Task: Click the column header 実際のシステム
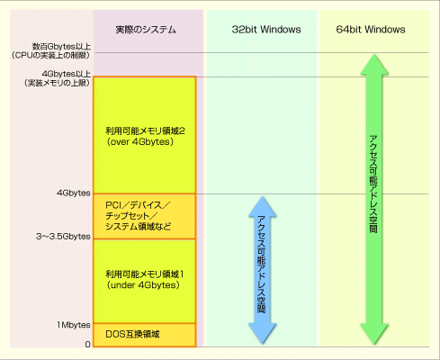click(x=146, y=30)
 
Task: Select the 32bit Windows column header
click(x=266, y=30)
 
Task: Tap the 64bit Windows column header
click(x=371, y=30)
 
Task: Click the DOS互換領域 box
click(x=145, y=335)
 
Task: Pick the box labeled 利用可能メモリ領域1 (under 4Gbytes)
click(x=145, y=281)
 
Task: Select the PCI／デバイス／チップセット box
click(x=145, y=216)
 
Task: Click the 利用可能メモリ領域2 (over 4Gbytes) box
click(x=145, y=135)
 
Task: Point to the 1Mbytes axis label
click(x=74, y=325)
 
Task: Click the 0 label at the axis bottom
click(x=87, y=345)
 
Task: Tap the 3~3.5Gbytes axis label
click(x=63, y=237)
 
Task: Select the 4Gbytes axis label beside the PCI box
click(x=74, y=193)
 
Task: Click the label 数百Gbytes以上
click(x=61, y=47)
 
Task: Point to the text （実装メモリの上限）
click(x=58, y=83)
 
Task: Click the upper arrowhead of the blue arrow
click(x=263, y=206)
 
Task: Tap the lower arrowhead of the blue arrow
click(x=263, y=334)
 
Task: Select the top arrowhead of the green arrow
click(x=374, y=64)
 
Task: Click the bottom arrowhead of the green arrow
click(x=374, y=334)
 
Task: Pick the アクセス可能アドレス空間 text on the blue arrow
click(x=262, y=264)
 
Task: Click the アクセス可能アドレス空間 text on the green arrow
click(x=373, y=184)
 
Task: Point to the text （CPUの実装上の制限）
click(x=51, y=56)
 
